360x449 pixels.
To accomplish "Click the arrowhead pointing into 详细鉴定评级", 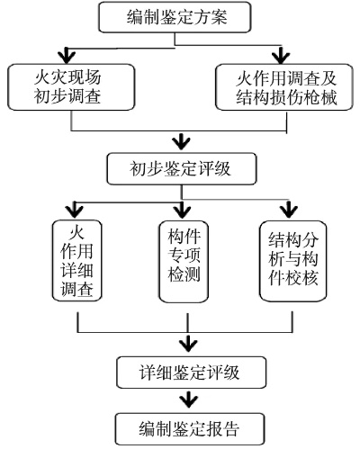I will coord(188,343).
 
